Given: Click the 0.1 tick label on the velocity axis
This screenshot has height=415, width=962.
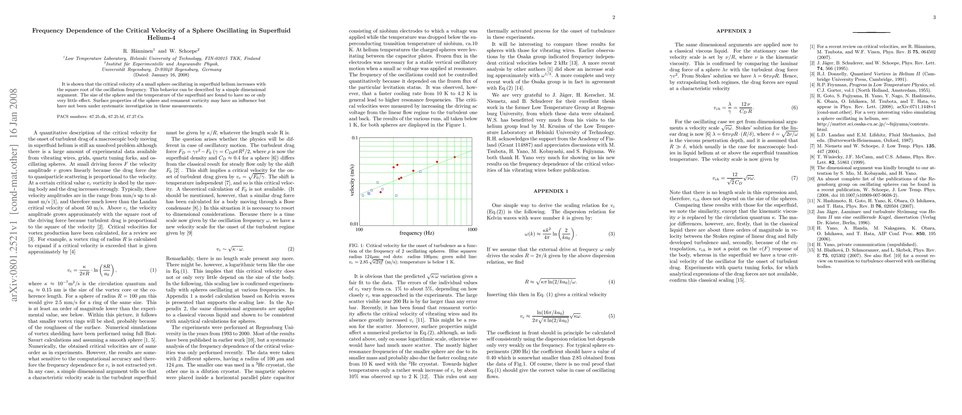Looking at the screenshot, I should pyautogui.click(x=355, y=138).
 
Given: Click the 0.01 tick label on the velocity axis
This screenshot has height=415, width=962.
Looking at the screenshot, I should pyautogui.click(x=353, y=224).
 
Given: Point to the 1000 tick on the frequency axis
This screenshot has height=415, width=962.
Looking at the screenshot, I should pyautogui.click(x=472, y=230).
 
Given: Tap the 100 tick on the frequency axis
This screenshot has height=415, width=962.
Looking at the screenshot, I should pyautogui.click(x=359, y=230).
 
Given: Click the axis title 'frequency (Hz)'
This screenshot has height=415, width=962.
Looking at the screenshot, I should pyautogui.click(x=416, y=233).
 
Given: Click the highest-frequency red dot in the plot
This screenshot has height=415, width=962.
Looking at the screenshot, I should pyautogui.click(x=455, y=157).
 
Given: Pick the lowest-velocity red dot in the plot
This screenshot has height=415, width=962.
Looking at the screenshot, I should pyautogui.click(x=381, y=192).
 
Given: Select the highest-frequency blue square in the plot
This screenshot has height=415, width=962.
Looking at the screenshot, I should pyautogui.click(x=420, y=172).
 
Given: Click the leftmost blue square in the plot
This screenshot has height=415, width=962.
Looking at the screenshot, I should pyautogui.click(x=363, y=195).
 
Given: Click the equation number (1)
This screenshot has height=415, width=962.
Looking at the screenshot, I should pyautogui.click(x=153, y=270).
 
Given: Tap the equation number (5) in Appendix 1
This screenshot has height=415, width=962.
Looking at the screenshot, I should pyautogui.click(x=611, y=316).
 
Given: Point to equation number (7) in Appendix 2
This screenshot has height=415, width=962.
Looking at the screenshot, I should pyautogui.click(x=794, y=178).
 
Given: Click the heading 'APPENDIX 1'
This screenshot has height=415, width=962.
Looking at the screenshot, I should pyautogui.click(x=551, y=191).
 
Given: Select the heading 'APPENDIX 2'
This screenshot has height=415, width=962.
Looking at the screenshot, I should pyautogui.click(x=733, y=31).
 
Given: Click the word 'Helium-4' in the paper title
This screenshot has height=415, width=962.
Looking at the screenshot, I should pyautogui.click(x=161, y=38).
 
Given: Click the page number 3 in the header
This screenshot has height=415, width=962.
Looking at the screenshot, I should pyautogui.click(x=934, y=17).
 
